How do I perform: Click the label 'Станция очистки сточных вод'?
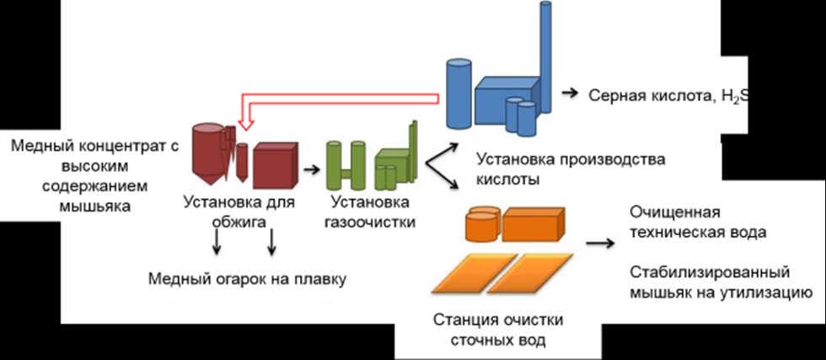tap(498, 330)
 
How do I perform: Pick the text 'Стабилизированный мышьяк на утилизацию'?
tap(717, 282)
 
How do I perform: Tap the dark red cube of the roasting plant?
tap(275, 164)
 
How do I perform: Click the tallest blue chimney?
tap(545, 51)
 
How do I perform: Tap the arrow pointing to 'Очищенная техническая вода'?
tap(600, 244)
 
